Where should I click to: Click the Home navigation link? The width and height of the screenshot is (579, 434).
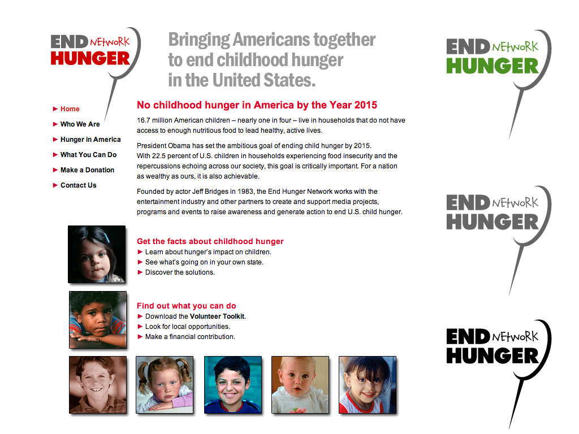pos(70,109)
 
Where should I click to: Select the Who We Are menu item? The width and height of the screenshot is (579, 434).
pos(80,124)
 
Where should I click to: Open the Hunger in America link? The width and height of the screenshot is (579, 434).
pos(90,140)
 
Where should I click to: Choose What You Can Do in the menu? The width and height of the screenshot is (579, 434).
pos(88,155)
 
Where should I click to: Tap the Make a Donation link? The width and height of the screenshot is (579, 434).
pos(87,170)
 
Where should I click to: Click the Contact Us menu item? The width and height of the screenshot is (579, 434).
pos(78,185)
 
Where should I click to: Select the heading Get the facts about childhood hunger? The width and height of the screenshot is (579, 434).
pos(210,241)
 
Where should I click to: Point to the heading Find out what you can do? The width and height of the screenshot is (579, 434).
pos(186,306)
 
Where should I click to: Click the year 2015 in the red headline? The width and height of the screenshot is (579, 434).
pos(365,105)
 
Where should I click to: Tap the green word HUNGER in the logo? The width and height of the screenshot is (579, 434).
pos(492,66)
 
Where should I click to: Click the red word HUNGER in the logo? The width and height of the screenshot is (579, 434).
pos(90,58)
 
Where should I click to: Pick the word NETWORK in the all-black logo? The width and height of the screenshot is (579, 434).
pos(515,337)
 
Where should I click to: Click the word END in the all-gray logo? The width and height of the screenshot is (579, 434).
pos(467,203)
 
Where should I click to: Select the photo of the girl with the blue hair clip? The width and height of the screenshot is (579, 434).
pos(97,254)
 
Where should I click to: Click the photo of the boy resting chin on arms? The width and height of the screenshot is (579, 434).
pos(98,320)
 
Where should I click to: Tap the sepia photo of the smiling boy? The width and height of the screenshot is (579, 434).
pos(98,385)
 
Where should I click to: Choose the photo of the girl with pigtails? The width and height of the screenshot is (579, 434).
pos(165,385)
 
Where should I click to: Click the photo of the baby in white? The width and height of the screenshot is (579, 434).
pos(300,385)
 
